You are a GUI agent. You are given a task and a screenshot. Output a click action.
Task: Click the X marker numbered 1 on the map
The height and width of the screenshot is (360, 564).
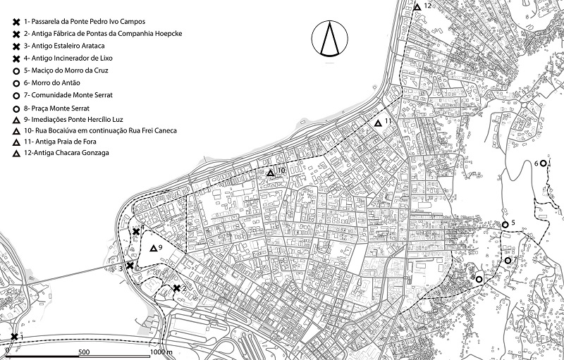(x=15, y=337)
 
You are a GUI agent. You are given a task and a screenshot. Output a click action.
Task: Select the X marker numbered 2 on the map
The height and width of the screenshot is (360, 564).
(x=177, y=287)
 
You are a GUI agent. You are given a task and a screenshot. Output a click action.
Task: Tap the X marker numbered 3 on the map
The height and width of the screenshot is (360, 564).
(x=130, y=265)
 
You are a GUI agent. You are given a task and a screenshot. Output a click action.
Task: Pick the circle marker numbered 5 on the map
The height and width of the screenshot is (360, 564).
(x=505, y=225)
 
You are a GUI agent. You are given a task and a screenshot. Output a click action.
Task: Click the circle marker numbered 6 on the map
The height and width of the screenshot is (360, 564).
(x=543, y=163)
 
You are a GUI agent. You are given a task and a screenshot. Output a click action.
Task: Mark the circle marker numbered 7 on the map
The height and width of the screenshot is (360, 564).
(x=507, y=261)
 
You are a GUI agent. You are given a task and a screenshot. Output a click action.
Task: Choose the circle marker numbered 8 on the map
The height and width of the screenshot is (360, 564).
(x=479, y=280)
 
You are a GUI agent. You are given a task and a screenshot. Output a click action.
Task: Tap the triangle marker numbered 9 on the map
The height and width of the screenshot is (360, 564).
(x=154, y=248)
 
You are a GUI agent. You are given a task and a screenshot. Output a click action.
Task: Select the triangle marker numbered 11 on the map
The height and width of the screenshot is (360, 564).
(x=378, y=123)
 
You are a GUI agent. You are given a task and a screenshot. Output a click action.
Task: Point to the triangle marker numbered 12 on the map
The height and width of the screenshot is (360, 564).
(x=417, y=7)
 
